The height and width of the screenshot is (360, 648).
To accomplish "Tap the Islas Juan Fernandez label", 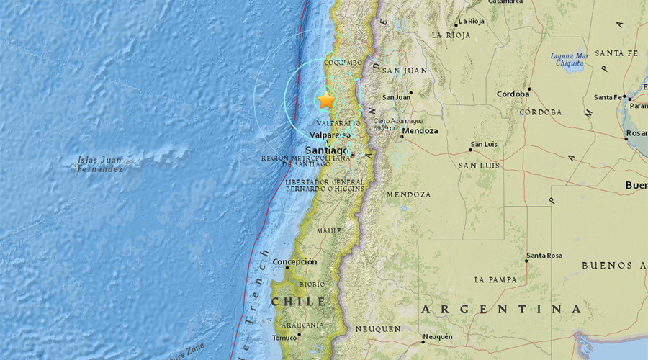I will click(x=100, y=164).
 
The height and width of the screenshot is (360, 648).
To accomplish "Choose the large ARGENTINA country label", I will click(x=501, y=309).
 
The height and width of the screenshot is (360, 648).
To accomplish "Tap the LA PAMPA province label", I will click(x=496, y=279).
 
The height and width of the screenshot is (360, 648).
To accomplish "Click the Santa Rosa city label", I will click(x=544, y=256).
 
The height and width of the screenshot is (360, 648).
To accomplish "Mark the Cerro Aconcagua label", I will click(x=397, y=124).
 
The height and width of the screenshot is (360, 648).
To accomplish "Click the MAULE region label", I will click(x=328, y=231).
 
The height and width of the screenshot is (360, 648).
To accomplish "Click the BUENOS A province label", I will click(x=613, y=266).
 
